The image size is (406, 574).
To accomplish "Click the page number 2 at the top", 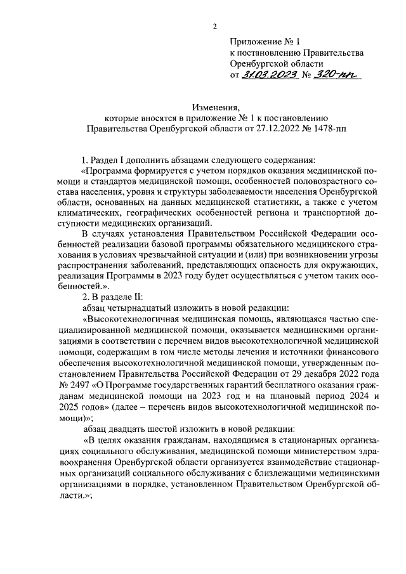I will [215, 27].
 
